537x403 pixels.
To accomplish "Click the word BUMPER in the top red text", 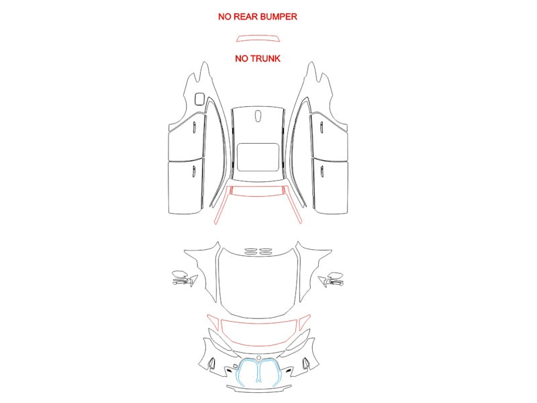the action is coord(279,17).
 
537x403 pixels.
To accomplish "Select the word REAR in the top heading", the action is coord(246,17).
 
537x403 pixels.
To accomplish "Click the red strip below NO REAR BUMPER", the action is coord(258,38).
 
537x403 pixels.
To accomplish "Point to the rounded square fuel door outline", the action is coord(199,99).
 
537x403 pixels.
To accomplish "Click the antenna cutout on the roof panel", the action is coord(258,115).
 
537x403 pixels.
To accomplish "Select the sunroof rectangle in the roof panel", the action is coord(258,157).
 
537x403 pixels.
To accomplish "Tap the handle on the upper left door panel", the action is coord(193,128).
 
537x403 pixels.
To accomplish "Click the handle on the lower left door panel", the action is coord(193,171).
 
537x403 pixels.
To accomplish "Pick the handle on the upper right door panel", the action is coord(322,128).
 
